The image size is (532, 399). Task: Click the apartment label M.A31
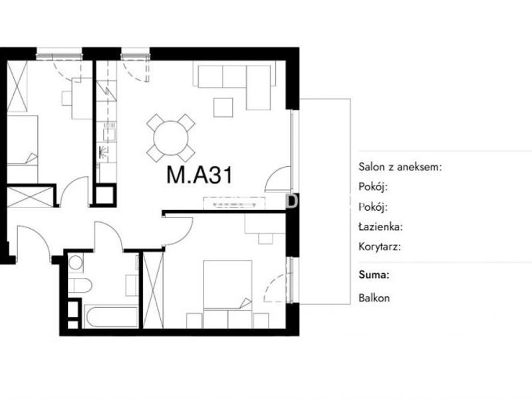pyautogui.click(x=199, y=175)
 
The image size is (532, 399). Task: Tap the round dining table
pyautogui.click(x=171, y=138)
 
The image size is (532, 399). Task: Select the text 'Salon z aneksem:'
pyautogui.click(x=400, y=167)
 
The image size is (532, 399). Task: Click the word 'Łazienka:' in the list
pyautogui.click(x=380, y=226)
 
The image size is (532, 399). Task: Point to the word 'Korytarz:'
pyautogui.click(x=379, y=246)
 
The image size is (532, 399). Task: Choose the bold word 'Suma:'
pyautogui.click(x=374, y=274)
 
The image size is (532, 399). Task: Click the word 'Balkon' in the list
pyautogui.click(x=374, y=298)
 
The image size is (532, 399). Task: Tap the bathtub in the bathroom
pyautogui.click(x=111, y=317)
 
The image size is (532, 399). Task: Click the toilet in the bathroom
pyautogui.click(x=80, y=286)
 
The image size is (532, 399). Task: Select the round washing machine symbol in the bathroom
pyautogui.click(x=76, y=262)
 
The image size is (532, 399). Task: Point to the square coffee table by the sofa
pyautogui.click(x=223, y=107)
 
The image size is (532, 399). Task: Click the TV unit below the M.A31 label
pyautogui.click(x=234, y=203)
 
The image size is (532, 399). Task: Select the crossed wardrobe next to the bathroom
pyautogui.click(x=154, y=290)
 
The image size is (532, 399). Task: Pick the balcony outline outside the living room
pyautogui.click(x=350, y=201)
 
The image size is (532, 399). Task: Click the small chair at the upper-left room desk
pyautogui.click(x=66, y=98)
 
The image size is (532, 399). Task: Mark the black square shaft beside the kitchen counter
pyautogui.click(x=105, y=195)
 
